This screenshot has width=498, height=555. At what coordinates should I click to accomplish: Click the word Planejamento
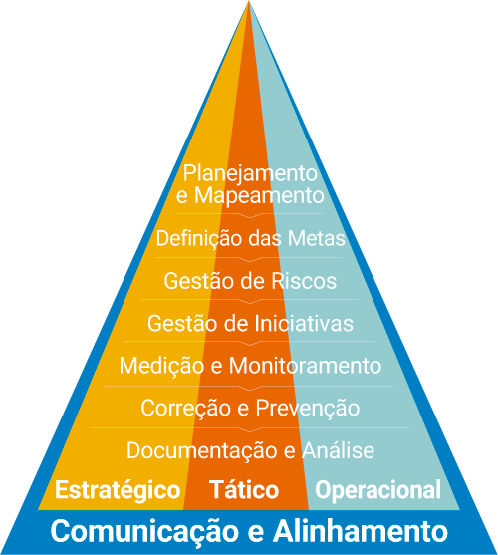pyautogui.click(x=250, y=174)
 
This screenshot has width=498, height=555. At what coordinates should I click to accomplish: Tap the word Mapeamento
pyautogui.click(x=259, y=195)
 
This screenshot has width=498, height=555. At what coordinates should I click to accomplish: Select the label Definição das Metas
pyautogui.click(x=250, y=239)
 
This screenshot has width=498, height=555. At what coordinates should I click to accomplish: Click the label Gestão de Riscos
pyautogui.click(x=250, y=281)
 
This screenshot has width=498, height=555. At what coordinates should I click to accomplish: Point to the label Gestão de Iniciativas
pyautogui.click(x=250, y=323)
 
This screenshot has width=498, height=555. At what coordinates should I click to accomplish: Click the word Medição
pyautogui.click(x=161, y=366)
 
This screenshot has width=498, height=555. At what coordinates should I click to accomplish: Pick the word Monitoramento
pyautogui.click(x=305, y=366)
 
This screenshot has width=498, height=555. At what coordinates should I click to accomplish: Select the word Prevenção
pyautogui.click(x=308, y=409)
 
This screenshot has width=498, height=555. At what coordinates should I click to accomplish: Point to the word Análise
pyautogui.click(x=338, y=450)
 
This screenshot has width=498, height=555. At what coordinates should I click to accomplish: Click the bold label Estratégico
pyautogui.click(x=118, y=490)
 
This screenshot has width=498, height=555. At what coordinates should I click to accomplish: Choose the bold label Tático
pyautogui.click(x=244, y=489)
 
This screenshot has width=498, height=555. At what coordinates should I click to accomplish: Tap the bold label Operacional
pyautogui.click(x=378, y=490)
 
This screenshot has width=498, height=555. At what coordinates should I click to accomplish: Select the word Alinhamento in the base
pyautogui.click(x=361, y=530)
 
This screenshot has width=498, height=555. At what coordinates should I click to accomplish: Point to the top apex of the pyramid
pyautogui.click(x=249, y=1)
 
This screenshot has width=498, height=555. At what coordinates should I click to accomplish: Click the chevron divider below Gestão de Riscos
pyautogui.click(x=250, y=301)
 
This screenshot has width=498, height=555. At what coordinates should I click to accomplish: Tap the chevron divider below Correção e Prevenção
pyautogui.click(x=250, y=429)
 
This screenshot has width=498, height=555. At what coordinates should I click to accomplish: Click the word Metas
pyautogui.click(x=317, y=238)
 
